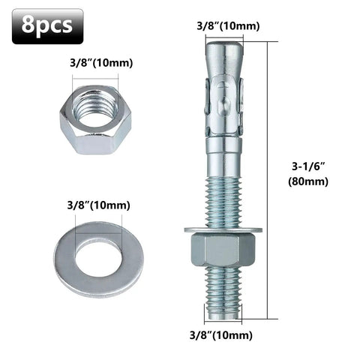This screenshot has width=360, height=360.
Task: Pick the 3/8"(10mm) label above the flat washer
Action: (97, 205)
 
